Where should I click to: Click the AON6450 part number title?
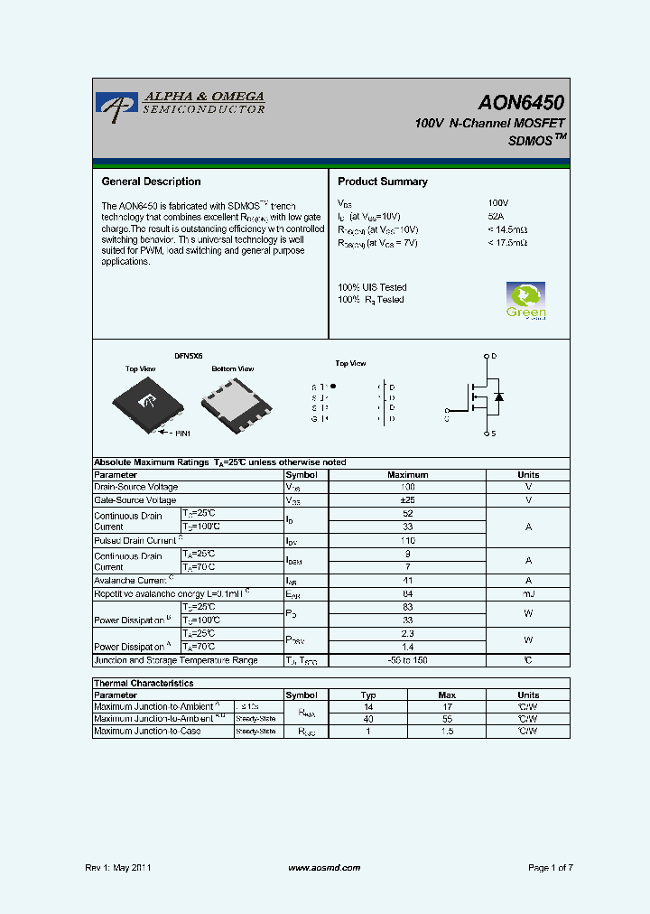[521, 103]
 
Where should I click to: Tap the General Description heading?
[151, 182]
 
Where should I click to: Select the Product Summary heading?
[383, 182]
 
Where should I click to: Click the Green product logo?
[525, 301]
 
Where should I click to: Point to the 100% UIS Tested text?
[372, 287]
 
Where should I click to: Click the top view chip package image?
[145, 403]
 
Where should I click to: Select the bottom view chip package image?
[237, 403]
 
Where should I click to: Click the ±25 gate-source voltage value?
[407, 500]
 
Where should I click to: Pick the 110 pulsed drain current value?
[407, 540]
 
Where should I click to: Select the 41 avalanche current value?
[407, 581]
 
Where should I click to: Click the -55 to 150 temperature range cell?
[407, 660]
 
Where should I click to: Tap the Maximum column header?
[407, 475]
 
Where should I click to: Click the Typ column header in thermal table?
[368, 695]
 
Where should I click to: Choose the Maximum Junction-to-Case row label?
[147, 731]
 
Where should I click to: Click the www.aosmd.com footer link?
[324, 868]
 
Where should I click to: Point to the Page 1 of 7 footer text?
[551, 868]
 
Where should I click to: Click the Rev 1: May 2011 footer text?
[118, 868]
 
